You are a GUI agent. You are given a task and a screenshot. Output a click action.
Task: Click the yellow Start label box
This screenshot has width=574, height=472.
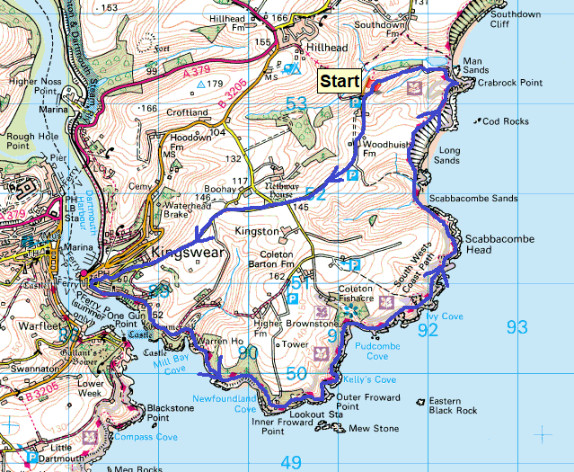[340, 81]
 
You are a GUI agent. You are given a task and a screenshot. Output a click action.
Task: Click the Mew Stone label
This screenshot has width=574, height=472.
[373, 429]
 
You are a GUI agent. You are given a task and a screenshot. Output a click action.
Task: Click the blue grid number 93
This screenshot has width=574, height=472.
[517, 327]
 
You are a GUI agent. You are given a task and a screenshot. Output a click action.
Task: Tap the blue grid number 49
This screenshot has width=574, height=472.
[290, 462]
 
